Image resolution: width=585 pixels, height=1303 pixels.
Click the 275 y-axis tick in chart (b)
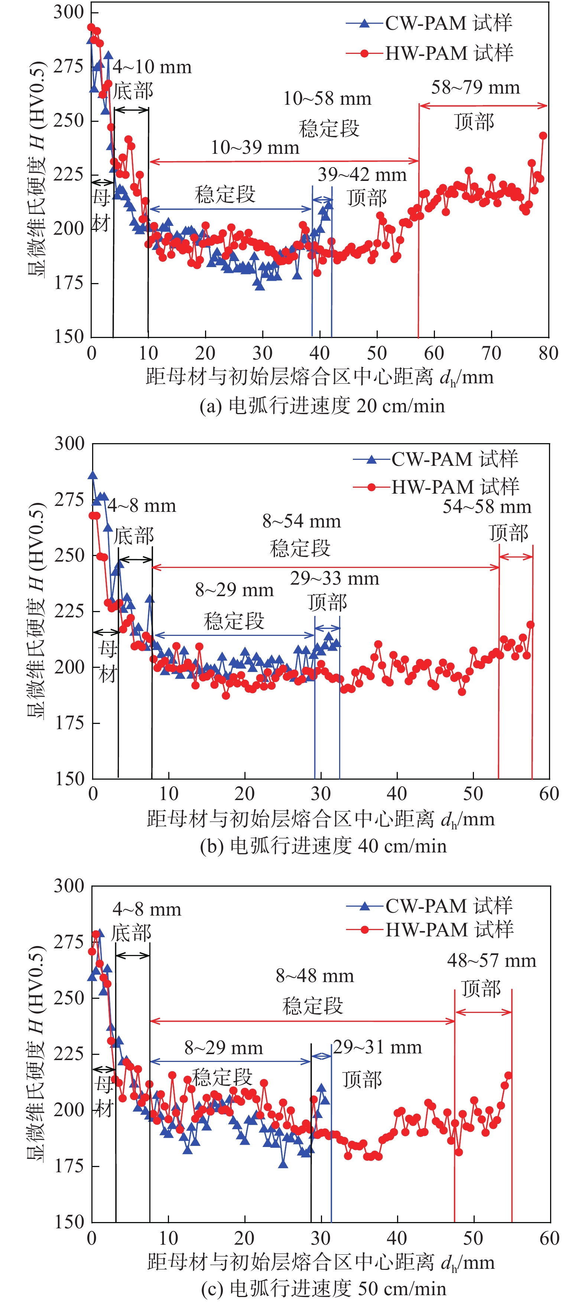click(x=69, y=500)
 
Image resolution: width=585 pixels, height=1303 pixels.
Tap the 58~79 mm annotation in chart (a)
click(x=475, y=88)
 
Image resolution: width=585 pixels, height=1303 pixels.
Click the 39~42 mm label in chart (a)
click(x=362, y=175)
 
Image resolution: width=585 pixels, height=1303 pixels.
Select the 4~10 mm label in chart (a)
click(x=152, y=67)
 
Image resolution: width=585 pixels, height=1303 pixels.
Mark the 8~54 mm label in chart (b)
click(x=301, y=521)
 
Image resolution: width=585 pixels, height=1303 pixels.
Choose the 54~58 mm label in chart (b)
click(x=487, y=507)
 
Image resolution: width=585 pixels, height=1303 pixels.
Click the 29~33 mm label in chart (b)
click(x=334, y=579)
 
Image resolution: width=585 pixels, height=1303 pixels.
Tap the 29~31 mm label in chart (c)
click(x=377, y=1047)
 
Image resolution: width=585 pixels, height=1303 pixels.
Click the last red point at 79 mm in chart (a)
click(x=543, y=136)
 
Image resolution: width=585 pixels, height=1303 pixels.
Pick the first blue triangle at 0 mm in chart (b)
click(x=92, y=475)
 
